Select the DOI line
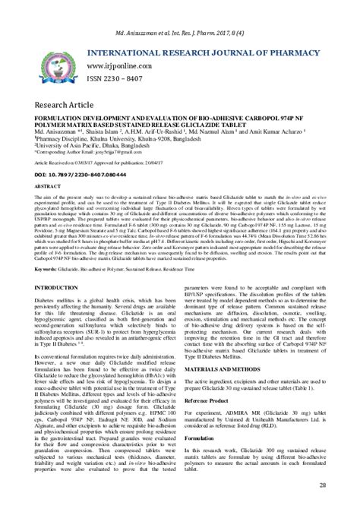pos(91,173)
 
